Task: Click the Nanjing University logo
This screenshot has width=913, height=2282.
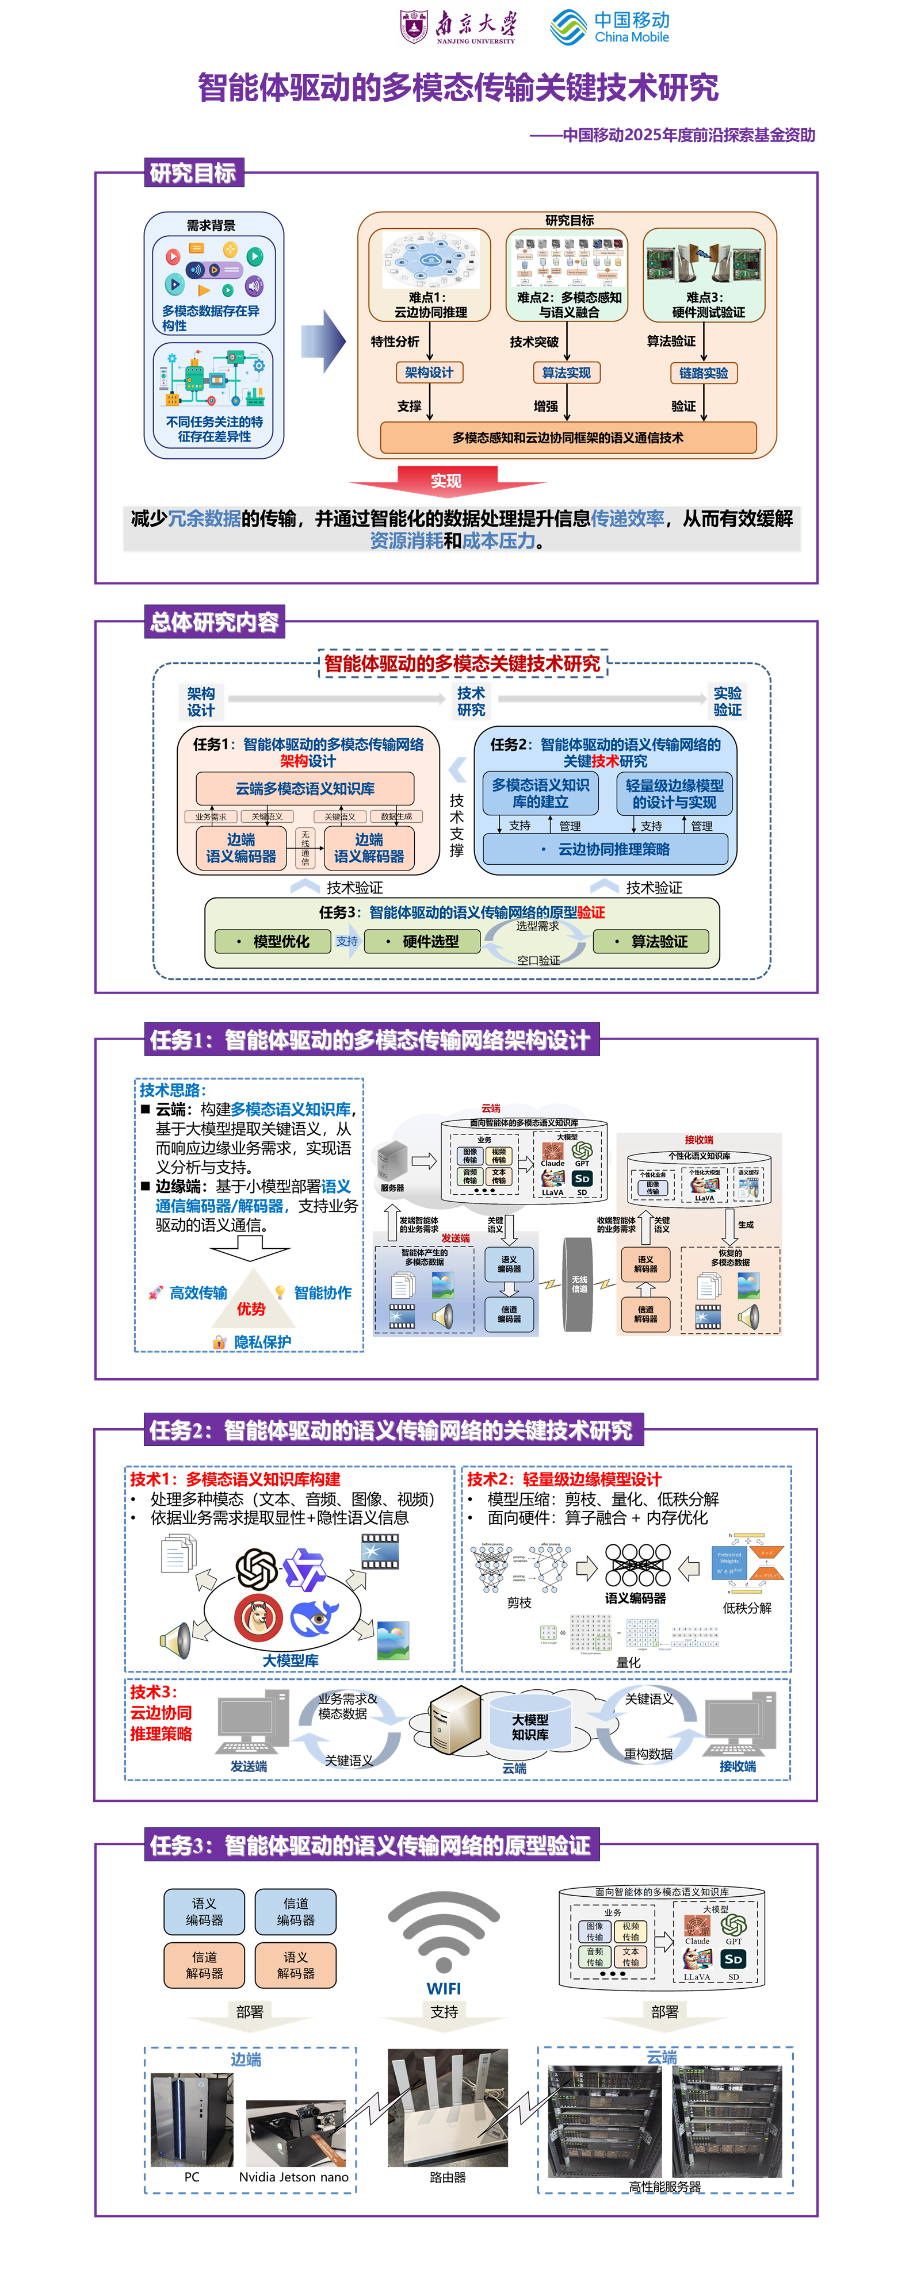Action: tap(459, 26)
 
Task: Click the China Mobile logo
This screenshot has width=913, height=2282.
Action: tap(610, 26)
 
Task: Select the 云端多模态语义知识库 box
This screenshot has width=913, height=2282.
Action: tap(305, 788)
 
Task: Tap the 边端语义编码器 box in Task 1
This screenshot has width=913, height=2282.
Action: tap(241, 848)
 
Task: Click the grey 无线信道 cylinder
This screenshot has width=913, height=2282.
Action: tap(578, 1284)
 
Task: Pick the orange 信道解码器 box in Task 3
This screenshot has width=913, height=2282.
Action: tap(205, 1965)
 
